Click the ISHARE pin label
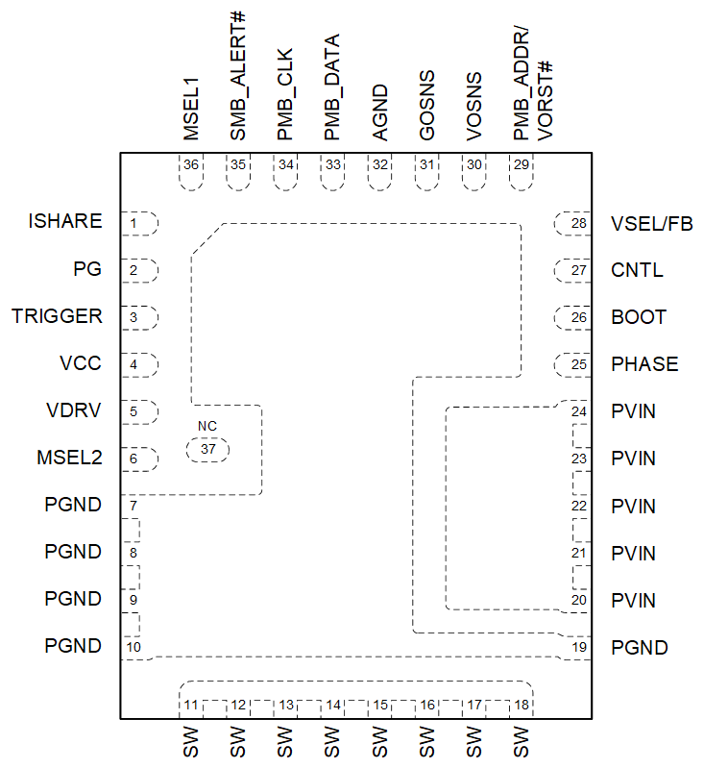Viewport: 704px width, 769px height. tap(65, 222)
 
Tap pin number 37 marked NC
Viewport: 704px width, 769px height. tap(208, 449)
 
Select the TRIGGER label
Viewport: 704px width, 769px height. tap(57, 316)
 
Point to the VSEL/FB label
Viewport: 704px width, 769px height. tap(651, 224)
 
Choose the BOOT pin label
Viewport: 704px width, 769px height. tap(639, 317)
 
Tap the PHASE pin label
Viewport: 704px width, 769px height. tap(644, 364)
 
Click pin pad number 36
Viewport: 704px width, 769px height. tap(190, 165)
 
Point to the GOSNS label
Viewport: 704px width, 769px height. tap(426, 106)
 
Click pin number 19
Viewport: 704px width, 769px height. tap(578, 647)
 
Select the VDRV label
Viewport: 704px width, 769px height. tap(75, 411)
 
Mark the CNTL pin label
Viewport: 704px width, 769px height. tap(637, 270)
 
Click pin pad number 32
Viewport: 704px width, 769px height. tap(379, 165)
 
